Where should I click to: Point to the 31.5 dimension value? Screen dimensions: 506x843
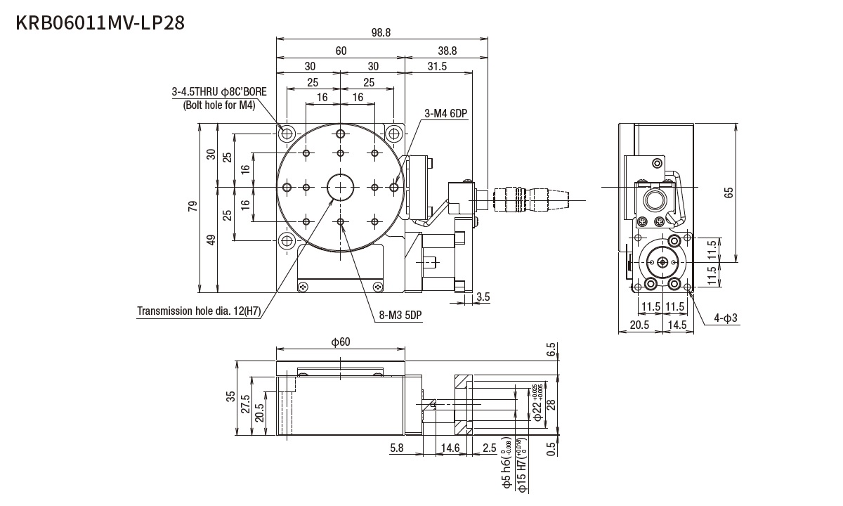click(437, 66)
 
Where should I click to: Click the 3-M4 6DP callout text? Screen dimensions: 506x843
click(445, 114)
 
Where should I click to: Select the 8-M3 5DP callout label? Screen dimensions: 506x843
click(400, 315)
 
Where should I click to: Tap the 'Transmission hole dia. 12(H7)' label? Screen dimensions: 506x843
click(198, 311)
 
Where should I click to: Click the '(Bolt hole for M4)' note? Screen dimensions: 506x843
click(218, 105)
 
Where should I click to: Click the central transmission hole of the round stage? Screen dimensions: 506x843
click(341, 187)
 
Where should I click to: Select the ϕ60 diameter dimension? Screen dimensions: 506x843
click(341, 342)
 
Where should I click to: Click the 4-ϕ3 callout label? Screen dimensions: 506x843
click(726, 318)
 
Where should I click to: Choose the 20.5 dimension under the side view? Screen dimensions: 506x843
click(639, 325)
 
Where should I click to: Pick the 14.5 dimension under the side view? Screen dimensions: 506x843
click(679, 325)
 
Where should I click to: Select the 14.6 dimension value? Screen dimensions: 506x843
click(449, 447)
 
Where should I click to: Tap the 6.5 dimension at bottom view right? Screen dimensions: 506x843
click(550, 349)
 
